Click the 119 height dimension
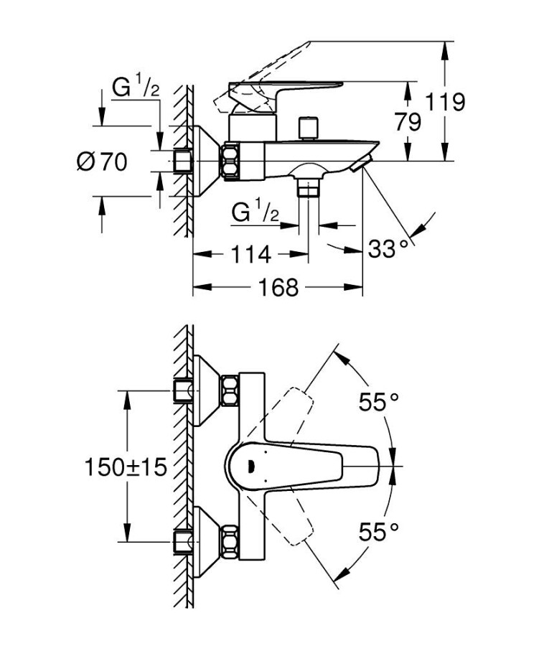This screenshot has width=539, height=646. pos(446,102)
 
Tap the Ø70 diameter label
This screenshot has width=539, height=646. pos(102,162)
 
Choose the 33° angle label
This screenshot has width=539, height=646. pos(392,250)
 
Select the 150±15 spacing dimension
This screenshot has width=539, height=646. pos(126,467)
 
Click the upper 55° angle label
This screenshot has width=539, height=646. pos(378,403)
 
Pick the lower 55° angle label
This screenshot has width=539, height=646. pos(378,532)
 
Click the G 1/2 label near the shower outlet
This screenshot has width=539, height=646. pos(256,212)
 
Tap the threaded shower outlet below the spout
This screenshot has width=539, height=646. pos(309,187)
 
